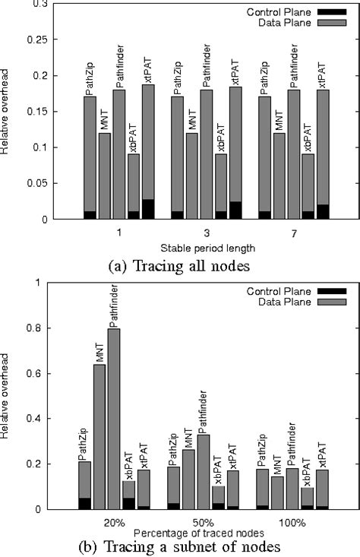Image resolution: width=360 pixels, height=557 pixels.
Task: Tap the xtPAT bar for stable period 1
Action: point(148,152)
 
